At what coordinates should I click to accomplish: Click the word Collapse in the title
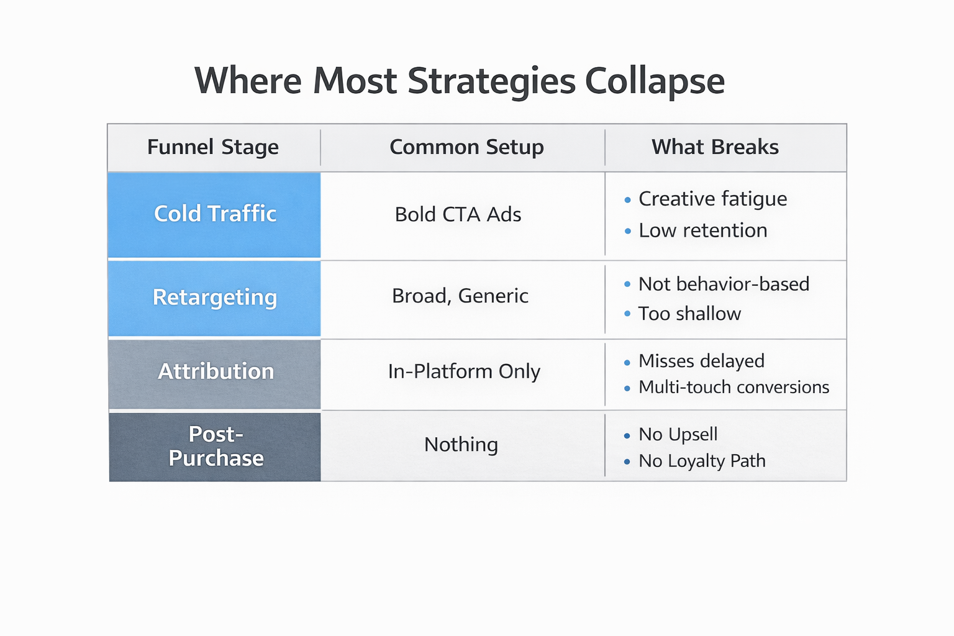[x=655, y=81]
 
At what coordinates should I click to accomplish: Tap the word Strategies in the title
[x=491, y=81]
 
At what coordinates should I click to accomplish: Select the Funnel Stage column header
[x=213, y=147]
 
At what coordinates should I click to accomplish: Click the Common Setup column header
[x=466, y=147]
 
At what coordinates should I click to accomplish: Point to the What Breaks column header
[x=715, y=147]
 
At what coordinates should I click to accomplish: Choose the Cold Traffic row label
[x=215, y=214]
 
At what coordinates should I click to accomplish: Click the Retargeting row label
[x=215, y=297]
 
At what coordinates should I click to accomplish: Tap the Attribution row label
[x=216, y=371]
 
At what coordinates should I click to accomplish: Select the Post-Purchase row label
[x=216, y=446]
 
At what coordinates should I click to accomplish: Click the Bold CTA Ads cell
[x=458, y=215]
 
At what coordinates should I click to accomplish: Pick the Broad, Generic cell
[x=460, y=296]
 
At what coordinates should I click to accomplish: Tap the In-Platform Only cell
[x=464, y=371]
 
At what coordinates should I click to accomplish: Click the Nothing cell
[x=461, y=445]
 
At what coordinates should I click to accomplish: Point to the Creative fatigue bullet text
[x=712, y=199]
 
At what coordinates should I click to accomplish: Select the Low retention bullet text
[x=702, y=230]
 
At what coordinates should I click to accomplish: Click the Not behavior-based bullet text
[x=724, y=284]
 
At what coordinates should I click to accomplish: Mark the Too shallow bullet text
[x=689, y=314]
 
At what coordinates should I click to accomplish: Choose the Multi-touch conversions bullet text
[x=734, y=388]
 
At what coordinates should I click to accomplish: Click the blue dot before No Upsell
[x=627, y=436]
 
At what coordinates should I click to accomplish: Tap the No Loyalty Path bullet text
[x=702, y=461]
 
